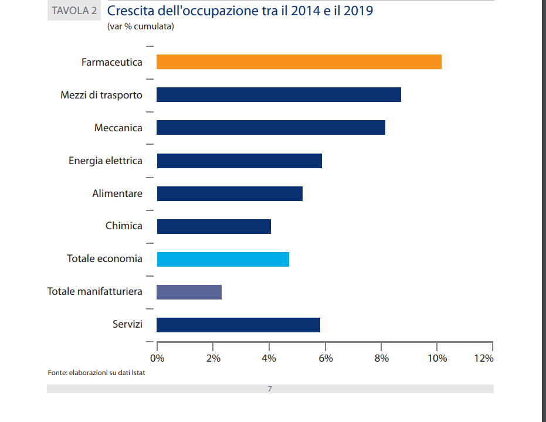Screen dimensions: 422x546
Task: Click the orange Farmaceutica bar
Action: pyautogui.click(x=299, y=62)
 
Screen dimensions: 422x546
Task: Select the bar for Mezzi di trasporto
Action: pyautogui.click(x=279, y=94)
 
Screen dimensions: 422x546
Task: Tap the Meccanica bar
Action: pyautogui.click(x=271, y=127)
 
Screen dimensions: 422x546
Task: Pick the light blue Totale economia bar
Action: pyautogui.click(x=223, y=259)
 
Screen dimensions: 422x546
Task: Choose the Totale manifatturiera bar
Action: pyautogui.click(x=189, y=292)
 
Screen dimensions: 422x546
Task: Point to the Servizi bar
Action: pyautogui.click(x=238, y=325)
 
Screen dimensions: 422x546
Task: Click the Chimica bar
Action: pyautogui.click(x=213, y=226)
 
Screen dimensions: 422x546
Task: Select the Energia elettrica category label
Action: pyautogui.click(x=106, y=160)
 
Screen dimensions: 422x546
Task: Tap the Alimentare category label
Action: pyautogui.click(x=117, y=193)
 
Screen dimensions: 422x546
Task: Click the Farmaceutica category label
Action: pyautogui.click(x=112, y=62)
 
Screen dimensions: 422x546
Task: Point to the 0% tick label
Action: pyautogui.click(x=157, y=358)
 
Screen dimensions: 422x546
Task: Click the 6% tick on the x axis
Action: pyautogui.click(x=325, y=358)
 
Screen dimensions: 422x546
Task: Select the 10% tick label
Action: pyautogui.click(x=438, y=358)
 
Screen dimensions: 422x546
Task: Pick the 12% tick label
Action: pyautogui.click(x=484, y=358)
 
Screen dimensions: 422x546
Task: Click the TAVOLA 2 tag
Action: pyautogui.click(x=74, y=11)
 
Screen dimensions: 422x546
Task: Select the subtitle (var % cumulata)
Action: pyautogui.click(x=141, y=26)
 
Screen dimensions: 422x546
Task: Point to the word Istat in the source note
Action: pyautogui.click(x=138, y=373)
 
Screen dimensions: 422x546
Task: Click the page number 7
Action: pyautogui.click(x=270, y=389)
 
